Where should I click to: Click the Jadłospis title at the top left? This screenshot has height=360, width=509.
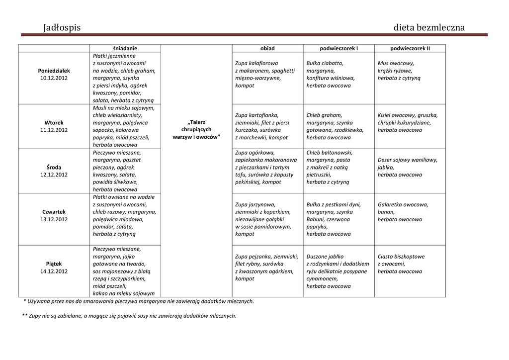(x=62, y=27)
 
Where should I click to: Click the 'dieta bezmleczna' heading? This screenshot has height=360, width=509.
(x=429, y=27)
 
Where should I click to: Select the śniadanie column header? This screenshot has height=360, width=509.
(x=125, y=48)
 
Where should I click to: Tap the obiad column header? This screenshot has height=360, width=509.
(x=267, y=48)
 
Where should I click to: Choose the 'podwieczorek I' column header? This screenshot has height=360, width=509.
(x=339, y=48)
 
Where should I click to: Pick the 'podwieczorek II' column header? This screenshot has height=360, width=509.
(x=410, y=48)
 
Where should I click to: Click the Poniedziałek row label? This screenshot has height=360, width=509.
(x=54, y=71)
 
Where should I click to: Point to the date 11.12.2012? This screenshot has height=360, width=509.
(x=54, y=130)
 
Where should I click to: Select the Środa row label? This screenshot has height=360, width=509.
(x=54, y=167)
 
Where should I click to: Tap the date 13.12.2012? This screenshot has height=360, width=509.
(x=54, y=219)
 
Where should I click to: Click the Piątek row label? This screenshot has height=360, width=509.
(x=54, y=264)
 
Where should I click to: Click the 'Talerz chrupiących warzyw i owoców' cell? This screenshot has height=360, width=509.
(x=196, y=129)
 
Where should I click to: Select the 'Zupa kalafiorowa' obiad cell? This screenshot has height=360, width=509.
(x=265, y=74)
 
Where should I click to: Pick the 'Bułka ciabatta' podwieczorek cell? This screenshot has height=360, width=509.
(x=331, y=74)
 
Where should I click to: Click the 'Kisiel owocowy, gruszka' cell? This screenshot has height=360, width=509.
(x=408, y=122)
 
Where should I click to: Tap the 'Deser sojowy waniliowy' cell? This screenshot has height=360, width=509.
(x=408, y=167)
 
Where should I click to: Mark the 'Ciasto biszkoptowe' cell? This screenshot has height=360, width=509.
(x=401, y=264)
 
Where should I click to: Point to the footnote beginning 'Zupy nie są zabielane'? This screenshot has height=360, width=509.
(x=129, y=316)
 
